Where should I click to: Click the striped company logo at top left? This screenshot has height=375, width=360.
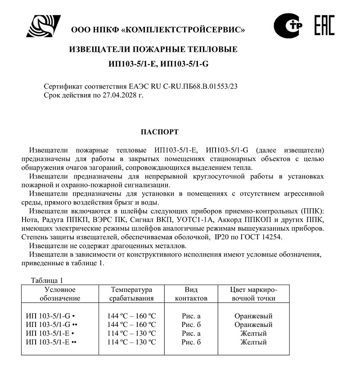(x=43, y=26)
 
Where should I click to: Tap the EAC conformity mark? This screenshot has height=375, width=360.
(x=324, y=25)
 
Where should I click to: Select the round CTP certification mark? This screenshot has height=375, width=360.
(x=288, y=26)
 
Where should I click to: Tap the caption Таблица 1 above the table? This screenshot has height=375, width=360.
(x=47, y=281)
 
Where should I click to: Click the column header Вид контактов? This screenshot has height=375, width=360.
(x=191, y=294)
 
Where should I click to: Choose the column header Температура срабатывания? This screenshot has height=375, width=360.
(x=132, y=294)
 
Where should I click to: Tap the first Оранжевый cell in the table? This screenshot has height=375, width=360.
(x=253, y=316)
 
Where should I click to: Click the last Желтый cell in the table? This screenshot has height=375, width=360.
(x=253, y=342)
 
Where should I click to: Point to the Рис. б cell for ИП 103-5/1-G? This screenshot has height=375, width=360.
(x=191, y=325)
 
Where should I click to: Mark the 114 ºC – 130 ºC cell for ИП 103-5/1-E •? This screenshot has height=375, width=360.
(x=132, y=334)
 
